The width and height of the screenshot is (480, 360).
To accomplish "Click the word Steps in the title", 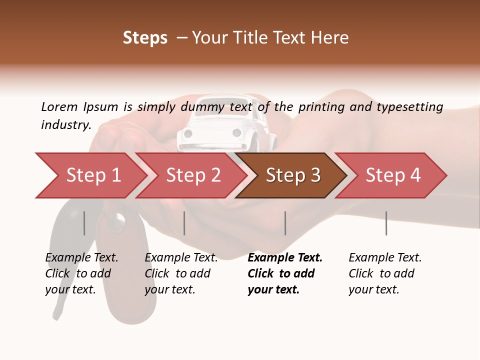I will pyautogui.click(x=145, y=37).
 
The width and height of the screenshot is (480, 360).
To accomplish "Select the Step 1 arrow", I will pyautogui.click(x=90, y=175).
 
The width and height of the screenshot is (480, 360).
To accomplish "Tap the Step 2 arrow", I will pyautogui.click(x=192, y=175).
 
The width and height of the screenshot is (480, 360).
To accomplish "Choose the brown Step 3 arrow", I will pyautogui.click(x=292, y=175).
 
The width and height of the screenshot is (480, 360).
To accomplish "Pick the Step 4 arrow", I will pyautogui.click(x=392, y=175).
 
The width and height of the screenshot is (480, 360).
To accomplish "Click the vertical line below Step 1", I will pyautogui.click(x=84, y=223).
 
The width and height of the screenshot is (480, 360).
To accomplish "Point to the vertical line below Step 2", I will pyautogui.click(x=184, y=223).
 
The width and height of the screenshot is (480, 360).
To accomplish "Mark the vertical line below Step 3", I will pyautogui.click(x=285, y=223).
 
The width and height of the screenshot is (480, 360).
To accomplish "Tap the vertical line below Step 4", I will pyautogui.click(x=386, y=223).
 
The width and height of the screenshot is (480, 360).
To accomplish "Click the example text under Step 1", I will pyautogui.click(x=81, y=273).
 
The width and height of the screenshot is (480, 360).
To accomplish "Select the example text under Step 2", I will pyautogui.click(x=181, y=273).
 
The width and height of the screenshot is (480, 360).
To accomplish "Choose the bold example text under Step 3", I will pyautogui.click(x=285, y=273).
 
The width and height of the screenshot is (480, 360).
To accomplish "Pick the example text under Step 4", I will pyautogui.click(x=385, y=273).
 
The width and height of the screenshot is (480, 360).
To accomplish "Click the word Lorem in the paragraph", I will pyautogui.click(x=59, y=106).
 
